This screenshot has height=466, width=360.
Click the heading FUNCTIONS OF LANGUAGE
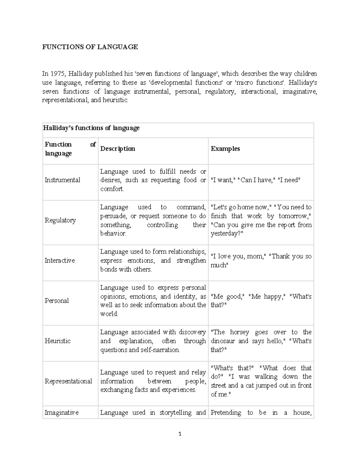coord(90,47)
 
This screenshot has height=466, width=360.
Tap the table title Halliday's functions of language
coord(91,128)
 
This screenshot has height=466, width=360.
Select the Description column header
coord(118,149)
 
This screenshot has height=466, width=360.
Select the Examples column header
coord(225,149)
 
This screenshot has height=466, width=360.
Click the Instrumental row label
coord(62,180)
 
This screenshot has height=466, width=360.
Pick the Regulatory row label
coord(60,220)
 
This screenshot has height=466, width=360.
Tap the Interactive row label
coord(60,260)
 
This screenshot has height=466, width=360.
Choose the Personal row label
coord(57,301)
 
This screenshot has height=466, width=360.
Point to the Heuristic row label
coord(58,341)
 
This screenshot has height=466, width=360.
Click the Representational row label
coord(68,381)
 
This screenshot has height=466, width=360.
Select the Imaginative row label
coord(61,413)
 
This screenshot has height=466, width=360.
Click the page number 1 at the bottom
coord(180,434)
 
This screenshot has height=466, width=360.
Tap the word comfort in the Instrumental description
coord(112,189)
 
